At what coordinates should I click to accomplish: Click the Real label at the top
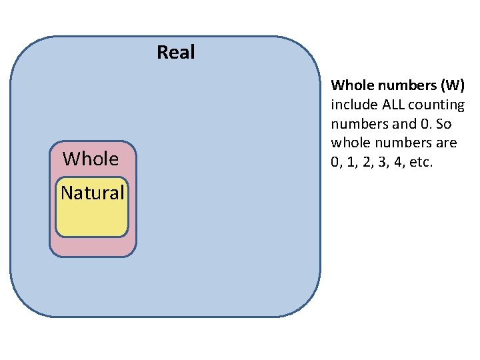pos(176,52)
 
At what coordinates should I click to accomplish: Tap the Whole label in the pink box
pos(91,159)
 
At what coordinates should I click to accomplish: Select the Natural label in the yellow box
pos(93,193)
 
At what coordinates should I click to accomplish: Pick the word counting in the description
pos(437,105)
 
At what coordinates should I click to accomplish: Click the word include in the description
pos(354,105)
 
